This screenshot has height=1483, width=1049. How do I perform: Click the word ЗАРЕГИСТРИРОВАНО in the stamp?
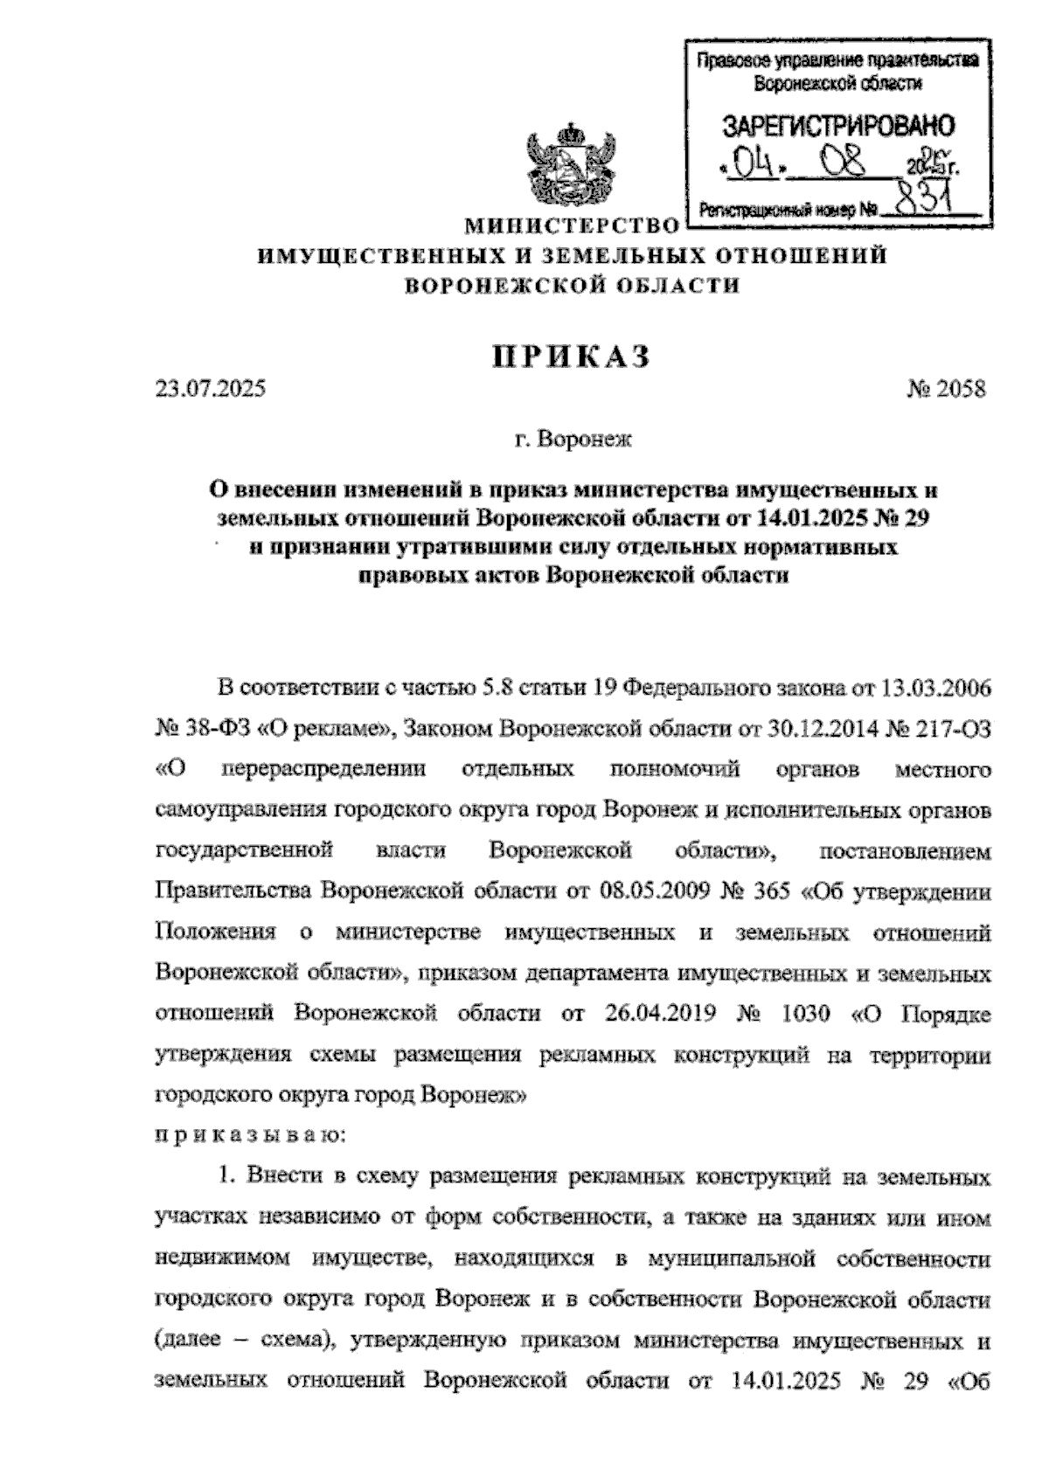[x=838, y=127]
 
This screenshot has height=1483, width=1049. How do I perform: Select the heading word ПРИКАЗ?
[x=573, y=357]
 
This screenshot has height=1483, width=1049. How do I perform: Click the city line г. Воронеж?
[x=573, y=439]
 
